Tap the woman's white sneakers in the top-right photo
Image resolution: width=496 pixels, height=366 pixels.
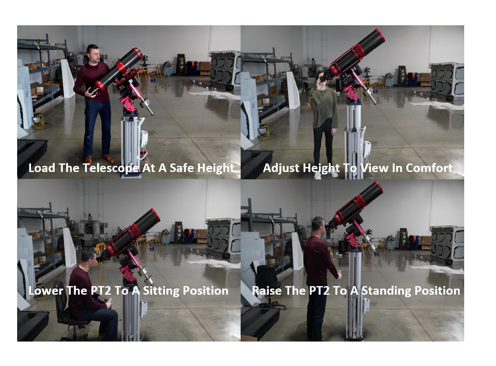[x=325, y=175]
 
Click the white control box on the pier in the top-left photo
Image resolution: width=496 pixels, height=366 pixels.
[x=144, y=139]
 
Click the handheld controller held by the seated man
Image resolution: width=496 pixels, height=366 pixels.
[x=109, y=302]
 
